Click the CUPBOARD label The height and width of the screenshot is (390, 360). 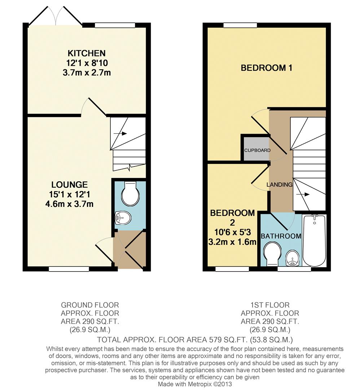point(257,150)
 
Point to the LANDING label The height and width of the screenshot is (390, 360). point(279,185)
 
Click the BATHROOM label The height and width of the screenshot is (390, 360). point(281,236)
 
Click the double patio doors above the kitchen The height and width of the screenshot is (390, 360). point(55,16)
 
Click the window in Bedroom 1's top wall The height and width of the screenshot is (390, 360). point(240,25)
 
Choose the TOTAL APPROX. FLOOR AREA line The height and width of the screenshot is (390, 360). point(195,340)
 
